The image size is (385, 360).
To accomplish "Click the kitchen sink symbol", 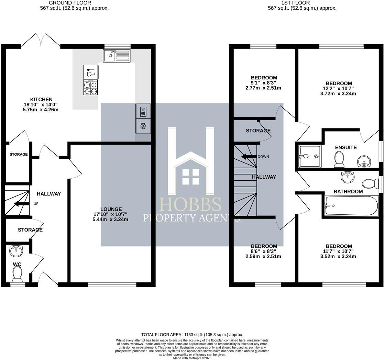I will point(117,56).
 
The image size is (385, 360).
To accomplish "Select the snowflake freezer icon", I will point(143,126).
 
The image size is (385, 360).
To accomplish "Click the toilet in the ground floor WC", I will point(17,274).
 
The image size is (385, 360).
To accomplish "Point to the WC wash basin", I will point(16,251).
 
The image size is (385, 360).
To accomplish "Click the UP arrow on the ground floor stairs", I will point(21,204).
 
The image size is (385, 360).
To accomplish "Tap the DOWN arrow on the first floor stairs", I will point(249,157).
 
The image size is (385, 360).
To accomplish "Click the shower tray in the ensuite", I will point(310,156).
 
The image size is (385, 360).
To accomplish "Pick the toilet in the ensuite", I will point(340,159).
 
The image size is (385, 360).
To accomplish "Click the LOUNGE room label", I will point(111,209).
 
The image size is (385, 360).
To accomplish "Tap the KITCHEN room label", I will point(41,100).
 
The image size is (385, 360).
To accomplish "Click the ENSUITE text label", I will point(346,147).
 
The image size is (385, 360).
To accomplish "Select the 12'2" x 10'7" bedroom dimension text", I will point(339,89).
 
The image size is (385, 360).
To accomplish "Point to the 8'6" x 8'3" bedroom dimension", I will point(264,251).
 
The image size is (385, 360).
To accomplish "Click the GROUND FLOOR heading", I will point(75,3).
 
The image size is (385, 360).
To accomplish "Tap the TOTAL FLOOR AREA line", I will point(192,335).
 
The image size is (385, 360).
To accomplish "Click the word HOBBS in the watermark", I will point(191,205).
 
